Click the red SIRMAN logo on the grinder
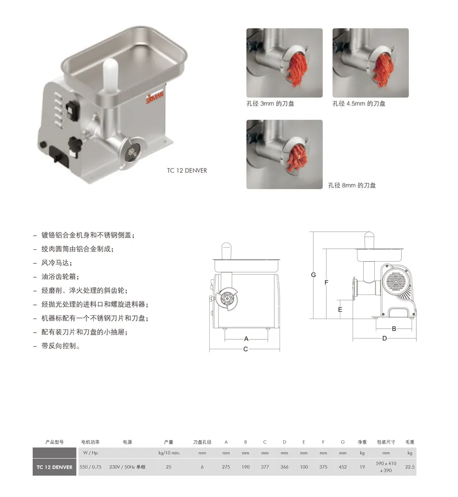point(155,97)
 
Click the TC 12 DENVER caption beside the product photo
point(187,171)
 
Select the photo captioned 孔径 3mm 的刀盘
point(284,63)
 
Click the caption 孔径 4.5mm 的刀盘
point(359,104)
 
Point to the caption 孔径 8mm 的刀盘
point(352,185)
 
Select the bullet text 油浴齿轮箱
point(59,277)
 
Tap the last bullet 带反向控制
point(60,346)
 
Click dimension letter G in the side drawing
point(313,275)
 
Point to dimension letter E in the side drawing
point(340,309)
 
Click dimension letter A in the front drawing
point(246,339)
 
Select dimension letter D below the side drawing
point(385,338)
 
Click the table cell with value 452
point(342,467)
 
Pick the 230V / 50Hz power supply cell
point(127,467)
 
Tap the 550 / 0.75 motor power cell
point(91,467)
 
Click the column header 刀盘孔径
point(202,442)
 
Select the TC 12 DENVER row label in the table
point(55,467)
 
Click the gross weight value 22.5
point(410,467)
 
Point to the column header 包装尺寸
point(386,442)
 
